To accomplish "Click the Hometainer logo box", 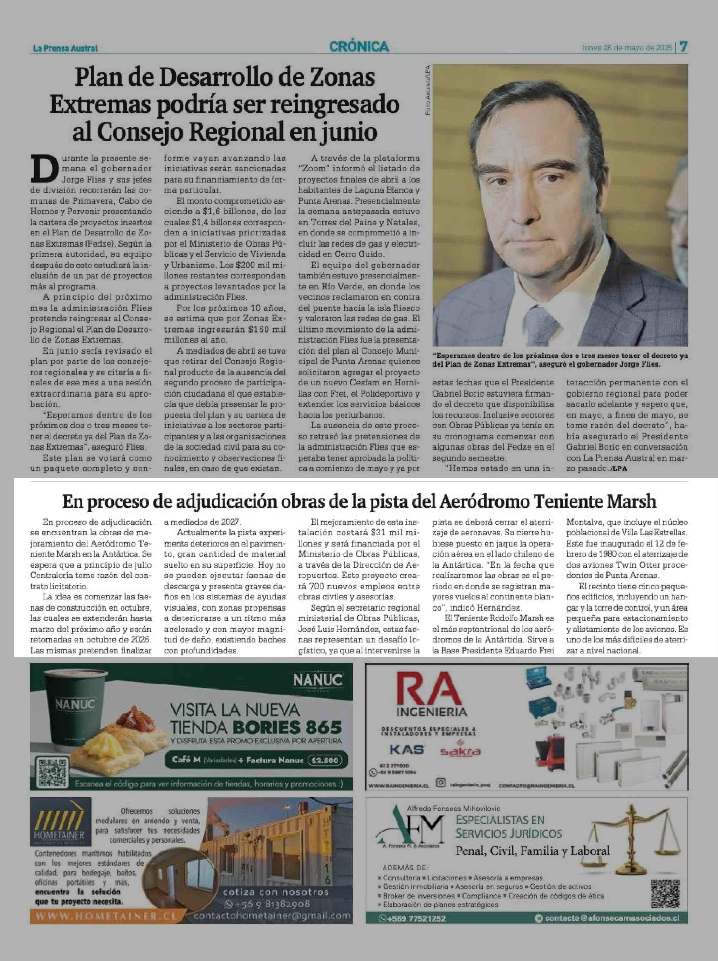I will tap(59, 824).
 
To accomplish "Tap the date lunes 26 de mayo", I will tap(627, 47).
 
